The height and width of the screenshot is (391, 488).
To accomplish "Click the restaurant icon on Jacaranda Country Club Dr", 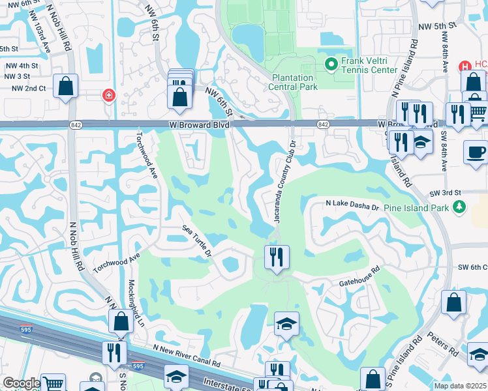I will tap(277, 257).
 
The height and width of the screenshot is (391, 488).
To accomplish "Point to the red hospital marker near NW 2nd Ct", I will tap(108, 96).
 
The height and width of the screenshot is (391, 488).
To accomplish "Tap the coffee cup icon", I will tap(476, 152).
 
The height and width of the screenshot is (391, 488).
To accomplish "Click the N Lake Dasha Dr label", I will tap(352, 206).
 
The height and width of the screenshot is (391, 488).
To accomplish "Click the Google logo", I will tap(22, 383).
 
